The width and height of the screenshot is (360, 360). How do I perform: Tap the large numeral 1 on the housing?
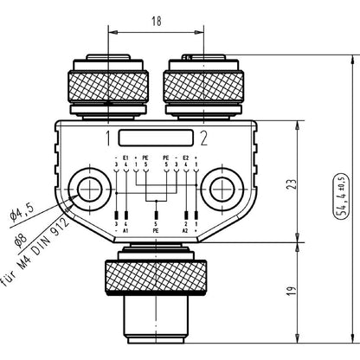[108, 137]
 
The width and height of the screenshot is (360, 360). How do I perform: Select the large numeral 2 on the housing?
[203, 137]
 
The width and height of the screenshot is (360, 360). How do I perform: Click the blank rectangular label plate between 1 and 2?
[155, 137]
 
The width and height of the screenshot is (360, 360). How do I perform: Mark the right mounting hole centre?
[221, 190]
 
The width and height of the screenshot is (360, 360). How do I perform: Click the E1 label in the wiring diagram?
[127, 158]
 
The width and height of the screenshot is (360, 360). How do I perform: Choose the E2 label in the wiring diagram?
[184, 158]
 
